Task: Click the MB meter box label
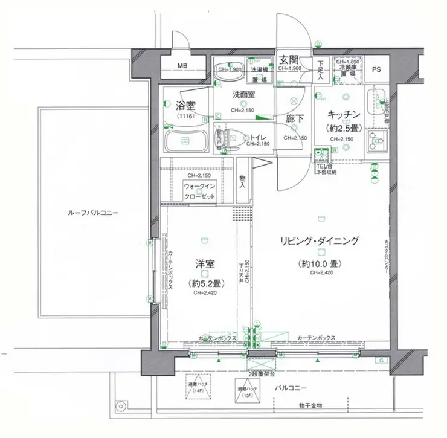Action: point(182,65)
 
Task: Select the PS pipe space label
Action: point(376,69)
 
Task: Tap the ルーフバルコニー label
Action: point(93,213)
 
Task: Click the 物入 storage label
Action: point(242,181)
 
